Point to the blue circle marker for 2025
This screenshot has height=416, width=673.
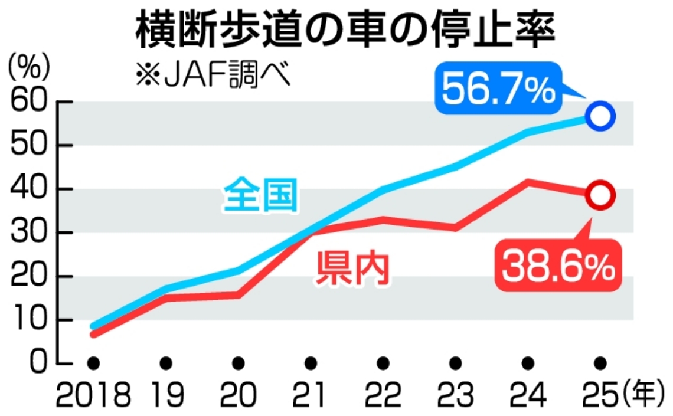(600, 116)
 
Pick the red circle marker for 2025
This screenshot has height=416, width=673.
(600, 195)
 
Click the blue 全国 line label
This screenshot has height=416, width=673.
(260, 196)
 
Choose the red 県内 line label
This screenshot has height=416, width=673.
(353, 269)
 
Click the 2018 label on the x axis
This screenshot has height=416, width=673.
(93, 396)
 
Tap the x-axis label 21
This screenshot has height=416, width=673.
(310, 396)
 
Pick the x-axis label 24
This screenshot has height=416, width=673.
(528, 396)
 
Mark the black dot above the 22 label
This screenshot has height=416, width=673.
(383, 362)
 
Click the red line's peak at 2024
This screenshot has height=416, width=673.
(528, 181)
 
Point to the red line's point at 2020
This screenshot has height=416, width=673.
(239, 294)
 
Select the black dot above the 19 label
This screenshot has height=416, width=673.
(166, 362)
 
